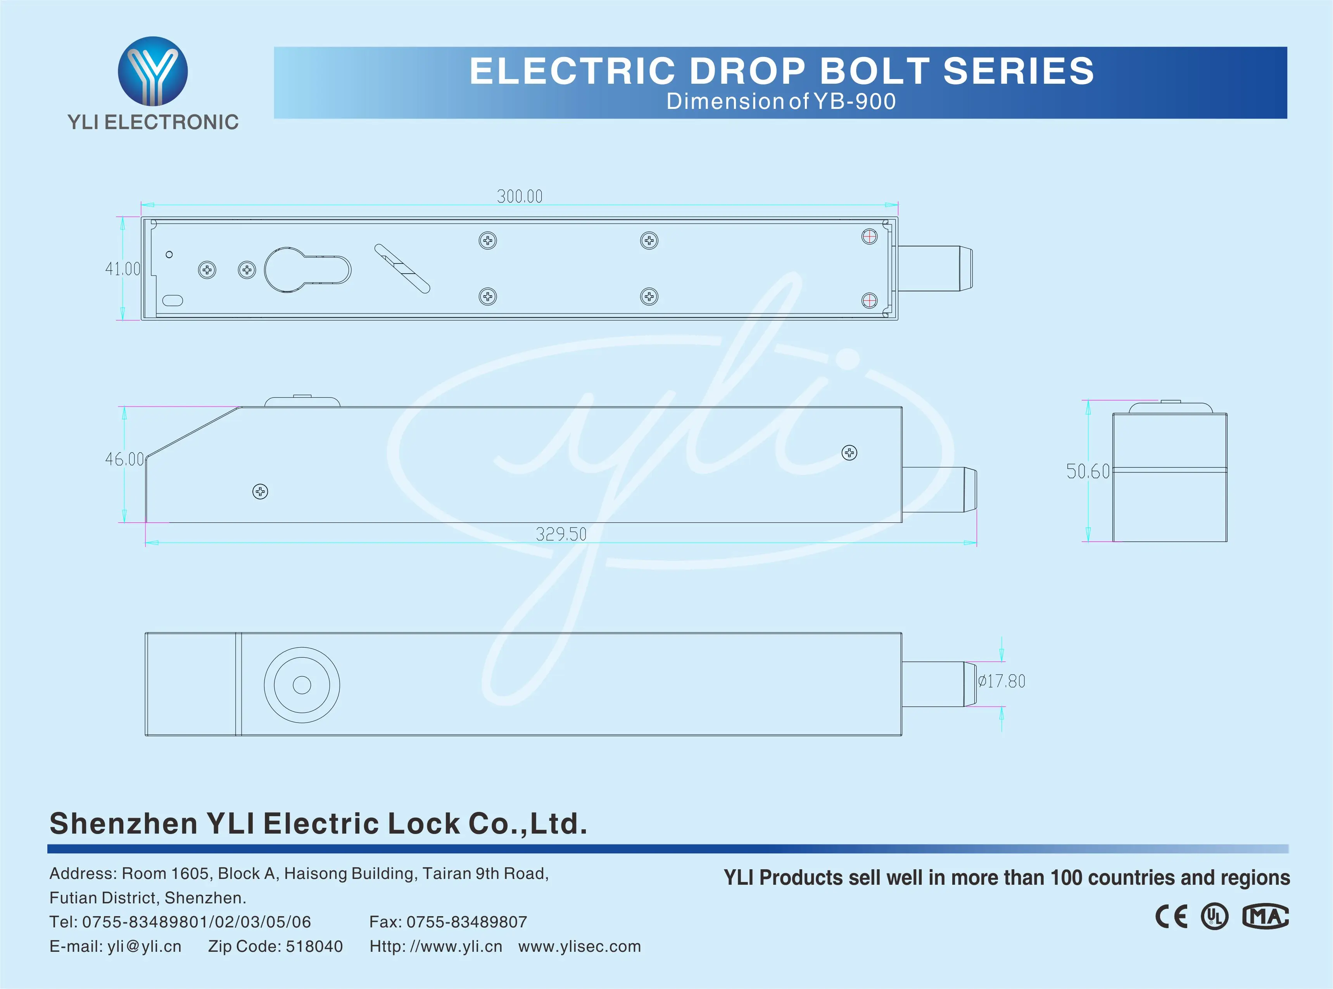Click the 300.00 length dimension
click(x=519, y=196)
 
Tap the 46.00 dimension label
click(x=124, y=459)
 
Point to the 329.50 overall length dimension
click(x=561, y=534)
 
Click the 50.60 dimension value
click(x=1088, y=472)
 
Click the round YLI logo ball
click(x=153, y=71)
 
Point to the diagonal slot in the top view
click(x=402, y=268)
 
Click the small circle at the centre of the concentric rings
click(x=302, y=685)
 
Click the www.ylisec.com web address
click(x=579, y=946)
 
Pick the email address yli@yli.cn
click(x=144, y=946)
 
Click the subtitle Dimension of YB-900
click(x=781, y=101)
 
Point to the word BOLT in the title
click(x=874, y=71)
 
